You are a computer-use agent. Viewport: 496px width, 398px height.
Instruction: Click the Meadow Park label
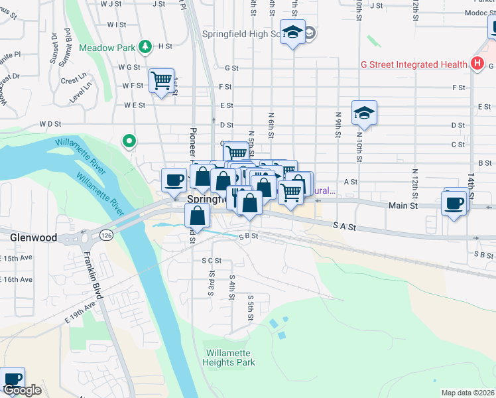106,48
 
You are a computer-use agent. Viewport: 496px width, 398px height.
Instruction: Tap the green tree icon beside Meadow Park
143,47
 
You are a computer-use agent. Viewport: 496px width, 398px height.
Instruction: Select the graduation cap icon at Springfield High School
292,32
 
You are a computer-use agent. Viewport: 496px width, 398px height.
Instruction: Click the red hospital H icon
476,64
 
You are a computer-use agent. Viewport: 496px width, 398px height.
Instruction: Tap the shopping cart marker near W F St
161,81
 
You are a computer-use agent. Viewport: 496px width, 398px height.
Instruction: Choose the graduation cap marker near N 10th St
364,113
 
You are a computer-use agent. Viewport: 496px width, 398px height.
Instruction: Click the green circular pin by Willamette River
129,141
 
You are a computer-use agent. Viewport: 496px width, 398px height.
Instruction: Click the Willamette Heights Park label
229,358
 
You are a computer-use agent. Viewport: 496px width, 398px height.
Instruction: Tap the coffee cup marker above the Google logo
13,379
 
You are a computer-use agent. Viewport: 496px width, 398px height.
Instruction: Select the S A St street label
345,227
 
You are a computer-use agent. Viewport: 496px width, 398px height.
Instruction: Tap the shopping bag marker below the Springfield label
198,216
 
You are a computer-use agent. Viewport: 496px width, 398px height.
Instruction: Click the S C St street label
212,261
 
